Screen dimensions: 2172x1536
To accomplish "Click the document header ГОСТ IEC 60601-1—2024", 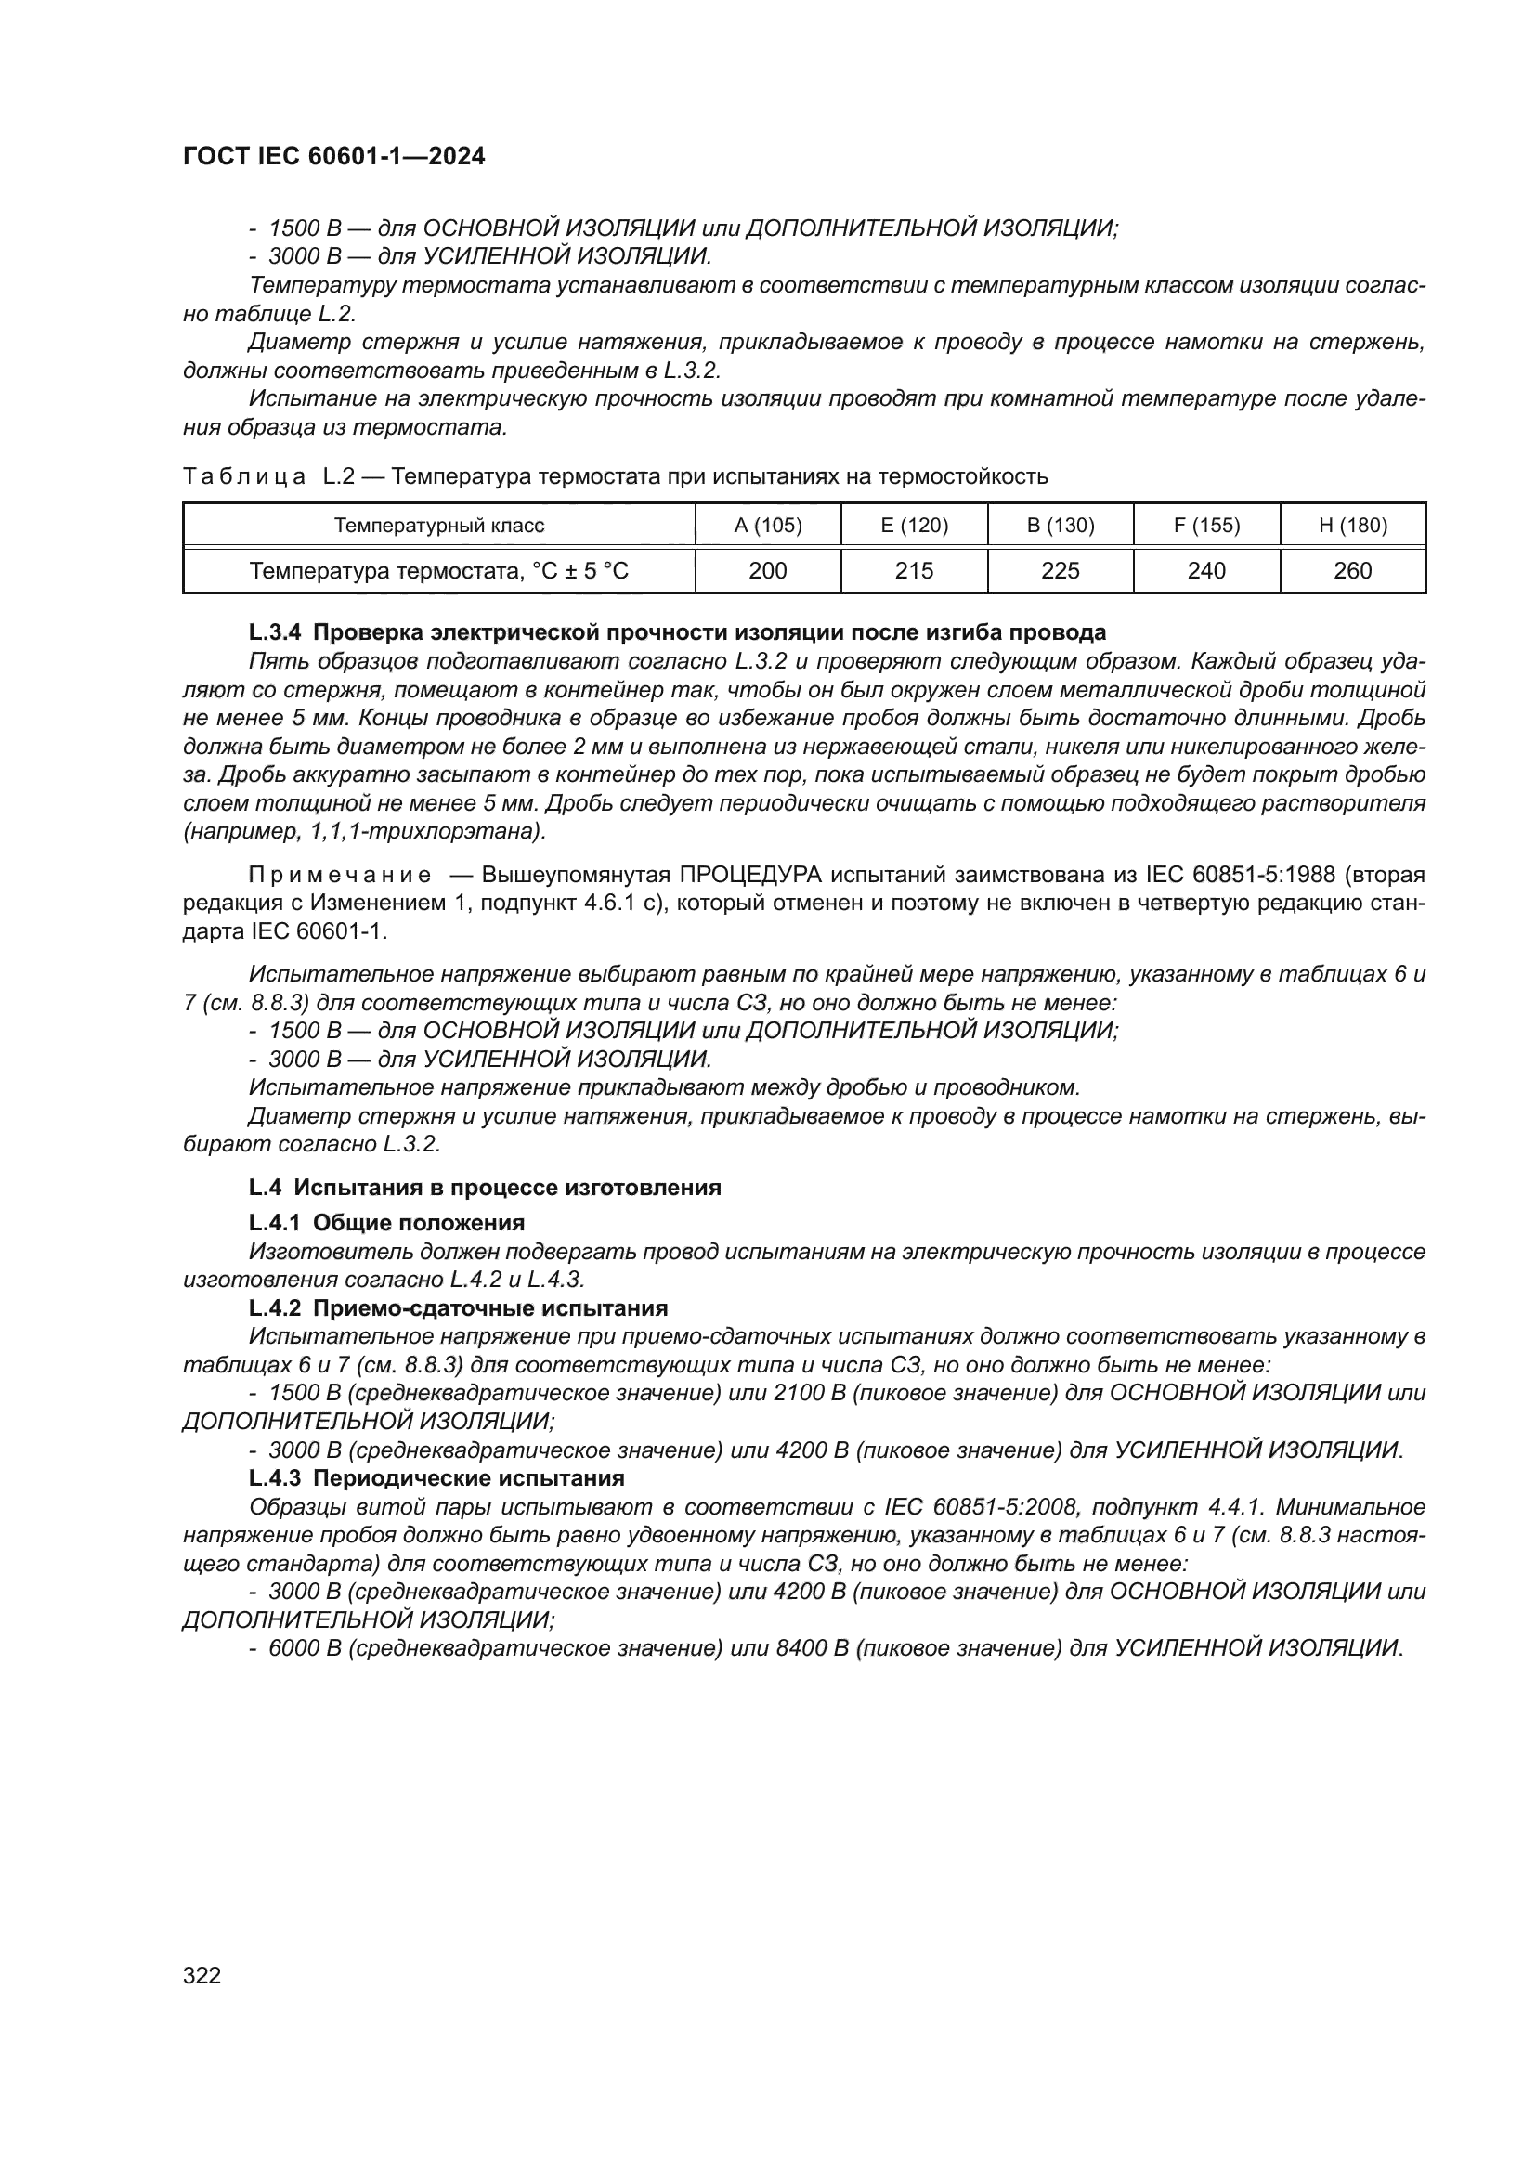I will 334,157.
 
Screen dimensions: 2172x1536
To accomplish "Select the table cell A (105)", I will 768,525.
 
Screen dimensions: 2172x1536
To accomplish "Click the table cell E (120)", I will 914,525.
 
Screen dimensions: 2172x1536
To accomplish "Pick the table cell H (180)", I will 1352,525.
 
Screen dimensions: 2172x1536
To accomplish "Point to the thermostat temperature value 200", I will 768,570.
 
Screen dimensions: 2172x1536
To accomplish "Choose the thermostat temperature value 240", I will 1206,570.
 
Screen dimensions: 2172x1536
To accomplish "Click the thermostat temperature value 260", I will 1352,570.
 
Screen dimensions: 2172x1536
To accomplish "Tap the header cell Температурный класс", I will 439,525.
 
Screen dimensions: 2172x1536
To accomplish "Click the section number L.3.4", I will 274,632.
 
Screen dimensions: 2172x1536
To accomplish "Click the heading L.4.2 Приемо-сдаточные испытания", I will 458,1308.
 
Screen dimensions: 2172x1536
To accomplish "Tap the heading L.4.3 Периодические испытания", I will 436,1478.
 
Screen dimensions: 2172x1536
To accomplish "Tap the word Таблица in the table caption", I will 244,476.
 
